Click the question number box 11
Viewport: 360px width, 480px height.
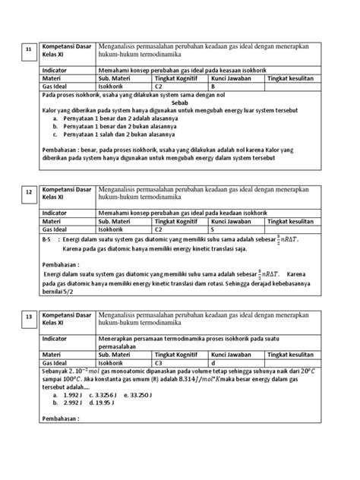point(29,49)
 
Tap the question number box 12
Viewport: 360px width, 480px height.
point(29,193)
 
